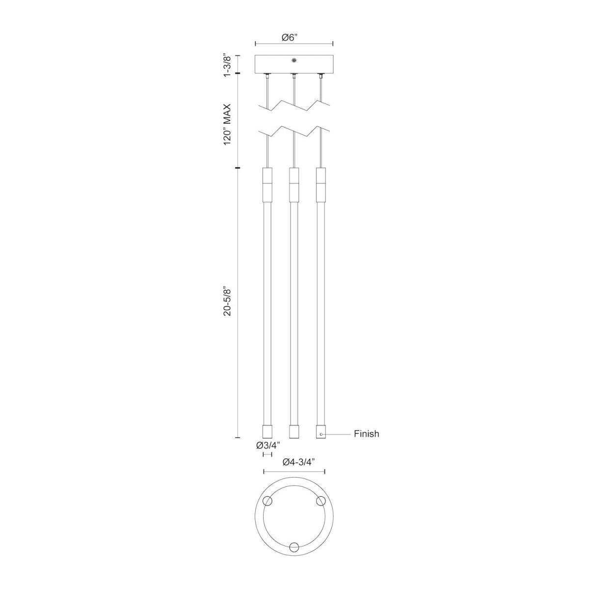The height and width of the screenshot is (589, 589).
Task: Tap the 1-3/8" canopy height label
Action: click(x=227, y=64)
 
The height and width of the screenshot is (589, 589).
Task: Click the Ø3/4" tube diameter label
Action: click(x=268, y=445)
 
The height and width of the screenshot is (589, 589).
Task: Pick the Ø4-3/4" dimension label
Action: click(x=294, y=462)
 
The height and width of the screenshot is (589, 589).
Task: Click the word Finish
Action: click(x=366, y=434)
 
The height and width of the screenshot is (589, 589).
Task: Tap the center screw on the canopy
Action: click(x=294, y=60)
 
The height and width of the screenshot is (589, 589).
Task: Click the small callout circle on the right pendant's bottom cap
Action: click(x=321, y=434)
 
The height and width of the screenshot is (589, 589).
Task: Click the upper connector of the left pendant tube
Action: click(x=268, y=185)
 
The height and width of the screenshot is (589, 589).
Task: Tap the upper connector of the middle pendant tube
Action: click(x=294, y=185)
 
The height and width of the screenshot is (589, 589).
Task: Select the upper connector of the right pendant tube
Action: click(x=321, y=185)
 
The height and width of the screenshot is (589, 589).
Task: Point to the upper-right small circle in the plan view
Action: click(x=321, y=501)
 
